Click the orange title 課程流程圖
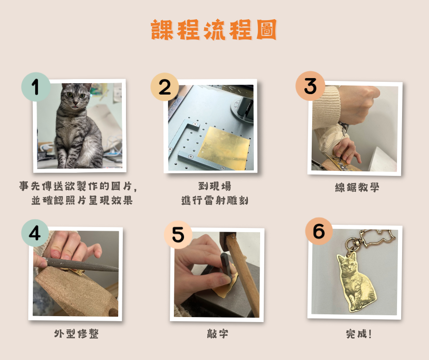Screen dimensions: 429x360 pyautogui.click(x=214, y=30)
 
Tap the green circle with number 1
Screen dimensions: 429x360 pyautogui.click(x=36, y=87)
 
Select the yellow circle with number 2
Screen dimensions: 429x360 pyautogui.click(x=165, y=87)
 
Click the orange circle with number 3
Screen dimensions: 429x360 pyautogui.click(x=310, y=86)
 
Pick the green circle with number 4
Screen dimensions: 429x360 pyautogui.click(x=35, y=233)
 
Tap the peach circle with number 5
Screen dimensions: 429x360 pyautogui.click(x=178, y=234)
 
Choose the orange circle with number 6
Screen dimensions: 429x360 pyautogui.click(x=319, y=231)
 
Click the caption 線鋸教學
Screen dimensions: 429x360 pyautogui.click(x=357, y=187)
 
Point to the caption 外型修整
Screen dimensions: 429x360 pyautogui.click(x=76, y=334)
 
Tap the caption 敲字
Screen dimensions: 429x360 pyautogui.click(x=218, y=334)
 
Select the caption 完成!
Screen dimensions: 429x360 pyautogui.click(x=359, y=334)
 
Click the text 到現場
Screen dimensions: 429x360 pyautogui.click(x=214, y=186)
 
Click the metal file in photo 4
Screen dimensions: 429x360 pyautogui.click(x=79, y=265)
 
